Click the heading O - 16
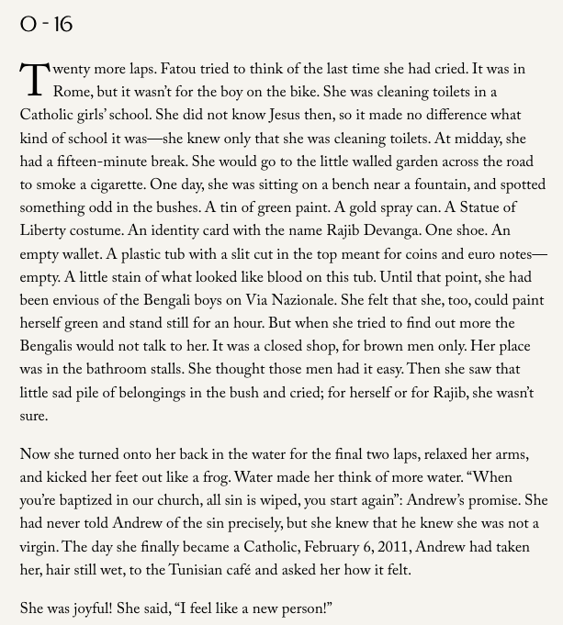tap(46, 25)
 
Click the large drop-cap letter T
tap(34, 80)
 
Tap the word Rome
tap(73, 93)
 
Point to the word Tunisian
tap(152, 570)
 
